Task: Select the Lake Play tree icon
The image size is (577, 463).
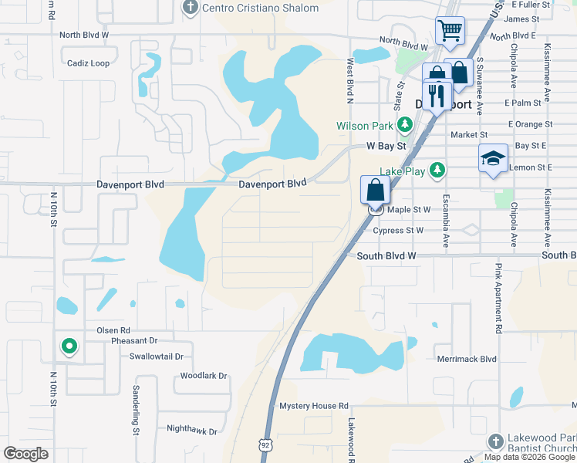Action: pos(438,170)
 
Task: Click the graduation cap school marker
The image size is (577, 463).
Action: pos(493,159)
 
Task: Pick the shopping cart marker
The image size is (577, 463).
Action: pos(450,32)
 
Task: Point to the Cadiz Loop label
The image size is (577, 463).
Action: pos(88,63)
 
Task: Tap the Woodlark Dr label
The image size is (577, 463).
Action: pos(204,376)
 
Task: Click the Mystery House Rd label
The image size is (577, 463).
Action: pos(314,405)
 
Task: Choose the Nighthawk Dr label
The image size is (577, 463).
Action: pos(192,430)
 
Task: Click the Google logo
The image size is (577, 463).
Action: pos(25,454)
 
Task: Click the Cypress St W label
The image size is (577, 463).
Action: pos(398,230)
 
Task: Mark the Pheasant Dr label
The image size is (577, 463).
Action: pos(133,340)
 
